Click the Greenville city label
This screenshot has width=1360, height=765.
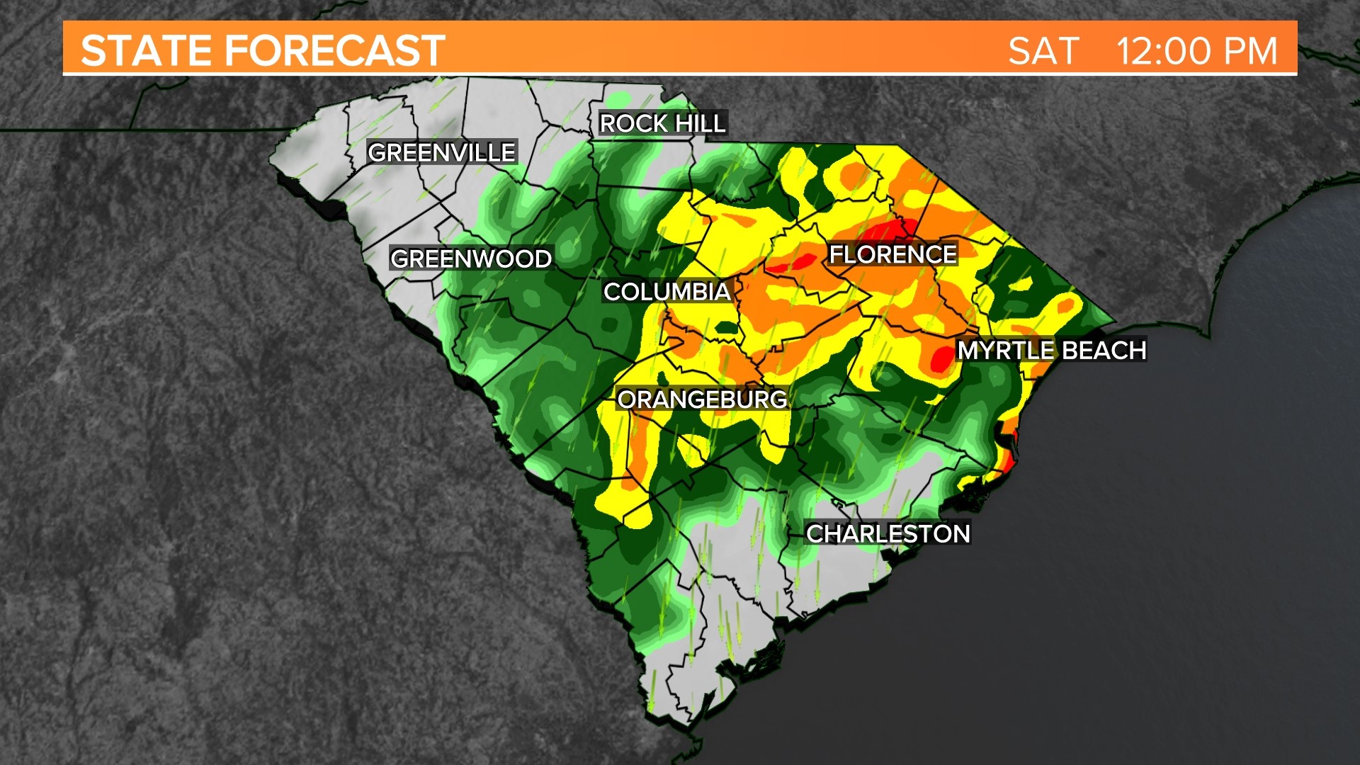coord(442,152)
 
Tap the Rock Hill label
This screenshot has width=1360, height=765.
coord(662,123)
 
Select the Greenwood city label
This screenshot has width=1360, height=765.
coord(471,259)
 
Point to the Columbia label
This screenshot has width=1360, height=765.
coord(667,291)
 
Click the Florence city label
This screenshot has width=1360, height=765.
coord(892,254)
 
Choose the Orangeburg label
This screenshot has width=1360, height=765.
coord(702,399)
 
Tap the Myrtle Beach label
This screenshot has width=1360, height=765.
coord(1051,350)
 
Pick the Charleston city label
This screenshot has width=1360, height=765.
coord(888,533)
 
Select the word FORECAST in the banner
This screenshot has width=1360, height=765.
coord(335,51)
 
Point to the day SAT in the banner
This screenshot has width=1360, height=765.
coord(1043,51)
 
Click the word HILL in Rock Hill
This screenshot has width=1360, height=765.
coord(699,123)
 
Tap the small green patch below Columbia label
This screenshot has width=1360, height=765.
coord(726,328)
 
